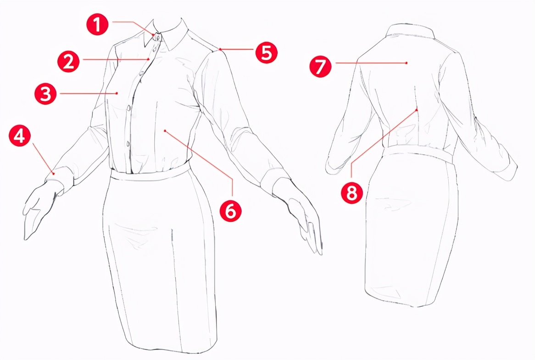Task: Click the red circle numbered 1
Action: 97,25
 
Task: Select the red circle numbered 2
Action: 68,62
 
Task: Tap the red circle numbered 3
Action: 45,93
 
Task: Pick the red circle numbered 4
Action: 20,135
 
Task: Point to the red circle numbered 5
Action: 267,53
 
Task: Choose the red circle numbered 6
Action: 230,210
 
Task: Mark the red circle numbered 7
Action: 320,66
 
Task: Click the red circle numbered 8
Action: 352,193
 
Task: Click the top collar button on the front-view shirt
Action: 158,37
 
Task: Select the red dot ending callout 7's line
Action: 407,63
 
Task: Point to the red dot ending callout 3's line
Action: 117,93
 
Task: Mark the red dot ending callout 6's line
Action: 165,130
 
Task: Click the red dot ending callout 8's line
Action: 417,110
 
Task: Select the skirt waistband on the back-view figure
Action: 418,152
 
